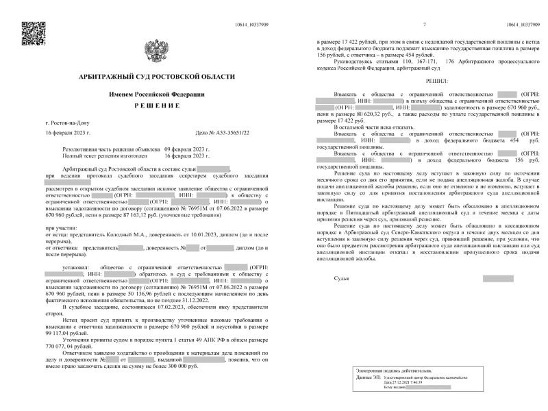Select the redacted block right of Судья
click(x=497, y=279)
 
